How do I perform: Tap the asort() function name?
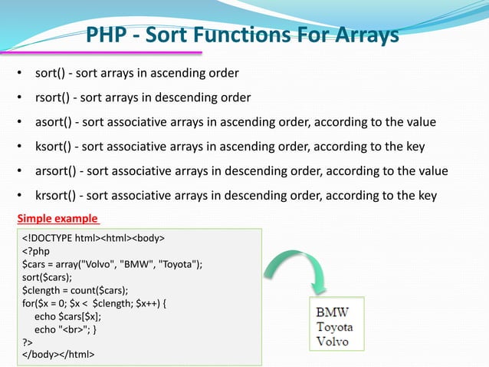click(x=55, y=122)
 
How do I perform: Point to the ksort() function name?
click(x=55, y=147)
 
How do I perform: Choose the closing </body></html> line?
click(x=59, y=355)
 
